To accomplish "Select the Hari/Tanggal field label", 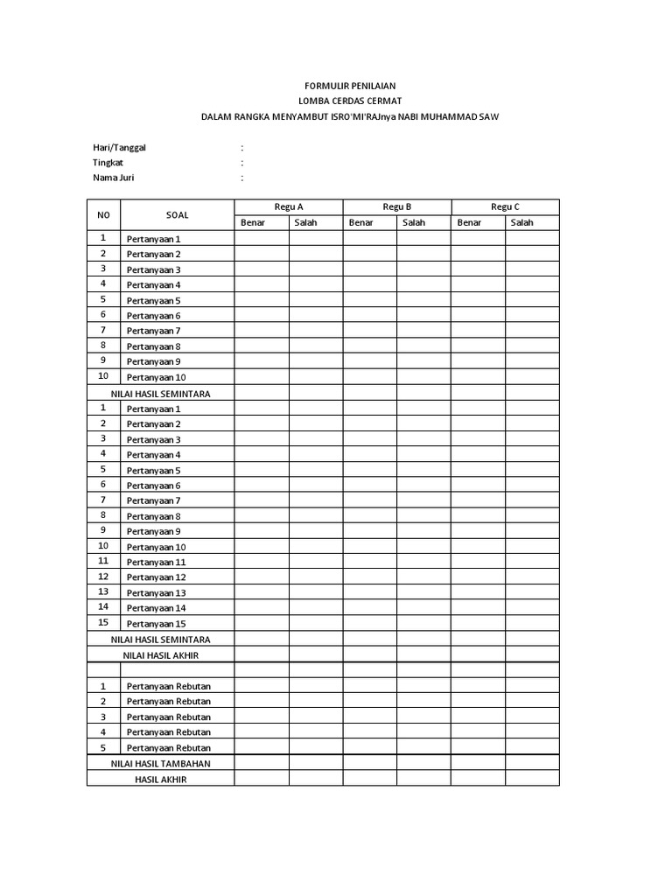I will [120, 147].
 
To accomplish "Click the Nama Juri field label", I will [114, 178].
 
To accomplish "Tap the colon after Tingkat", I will [241, 163].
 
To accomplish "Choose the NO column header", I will [103, 214].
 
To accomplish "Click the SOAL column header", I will [177, 214].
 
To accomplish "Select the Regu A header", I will [288, 206].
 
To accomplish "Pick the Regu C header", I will [505, 206].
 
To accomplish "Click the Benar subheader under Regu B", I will [361, 222].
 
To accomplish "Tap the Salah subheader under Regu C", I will [522, 222].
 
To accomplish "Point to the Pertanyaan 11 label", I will [156, 562].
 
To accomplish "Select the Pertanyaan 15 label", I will [156, 624].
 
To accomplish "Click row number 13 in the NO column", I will [103, 591].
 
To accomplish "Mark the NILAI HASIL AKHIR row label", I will [160, 654].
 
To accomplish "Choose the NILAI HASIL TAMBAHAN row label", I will [160, 763].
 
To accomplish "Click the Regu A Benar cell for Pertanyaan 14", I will [262, 607].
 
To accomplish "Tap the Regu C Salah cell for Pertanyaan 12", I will [532, 577].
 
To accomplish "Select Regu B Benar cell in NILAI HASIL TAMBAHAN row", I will [369, 763].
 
